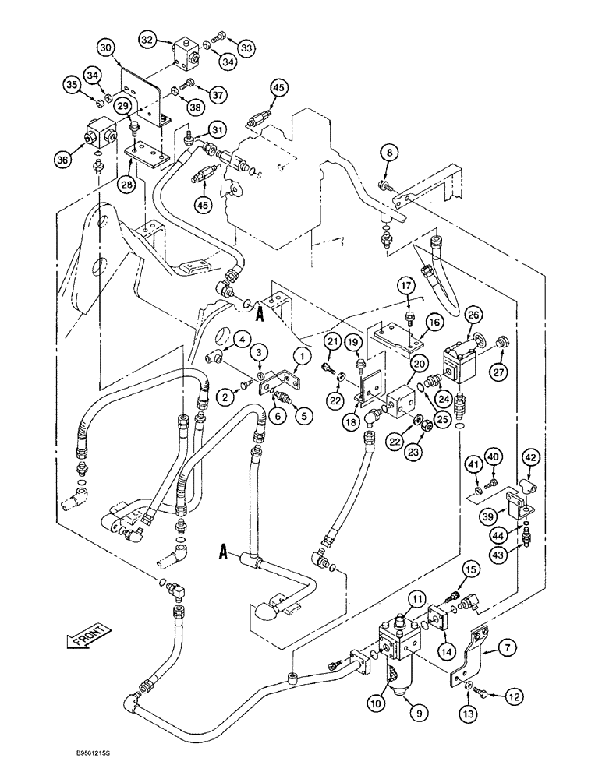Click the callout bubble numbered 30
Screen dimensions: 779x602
click(107, 48)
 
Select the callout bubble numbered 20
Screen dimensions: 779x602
click(418, 362)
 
